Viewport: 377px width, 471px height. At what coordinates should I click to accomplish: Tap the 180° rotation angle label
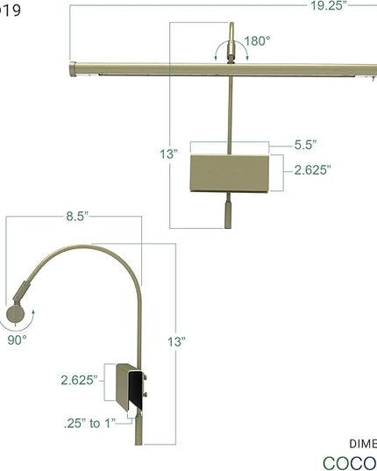[x=256, y=40]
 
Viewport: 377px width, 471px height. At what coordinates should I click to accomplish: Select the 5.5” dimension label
[x=304, y=146]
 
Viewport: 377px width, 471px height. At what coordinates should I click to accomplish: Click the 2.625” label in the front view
[x=310, y=170]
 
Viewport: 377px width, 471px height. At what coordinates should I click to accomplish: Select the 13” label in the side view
[x=180, y=341]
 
